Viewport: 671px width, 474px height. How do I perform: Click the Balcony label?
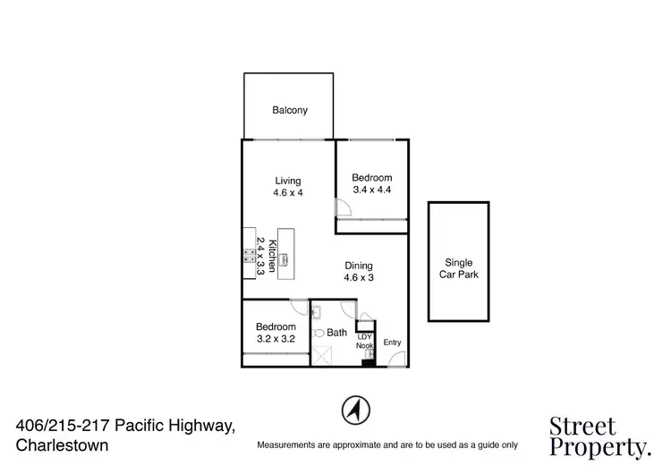(x=289, y=110)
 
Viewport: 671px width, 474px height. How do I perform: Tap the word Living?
(x=288, y=181)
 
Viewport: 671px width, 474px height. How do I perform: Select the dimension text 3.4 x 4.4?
(x=371, y=190)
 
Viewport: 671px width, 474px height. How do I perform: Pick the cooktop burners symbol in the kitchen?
(x=249, y=256)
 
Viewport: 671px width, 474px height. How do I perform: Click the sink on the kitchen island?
(x=285, y=260)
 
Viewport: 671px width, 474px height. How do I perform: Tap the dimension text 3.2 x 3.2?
(x=276, y=339)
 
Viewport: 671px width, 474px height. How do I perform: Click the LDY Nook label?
(x=364, y=341)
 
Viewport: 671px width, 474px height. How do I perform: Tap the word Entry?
(x=392, y=343)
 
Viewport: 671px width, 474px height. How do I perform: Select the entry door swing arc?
(x=395, y=359)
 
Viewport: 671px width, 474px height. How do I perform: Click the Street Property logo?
(x=597, y=436)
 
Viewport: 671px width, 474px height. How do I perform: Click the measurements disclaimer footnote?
(x=386, y=444)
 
